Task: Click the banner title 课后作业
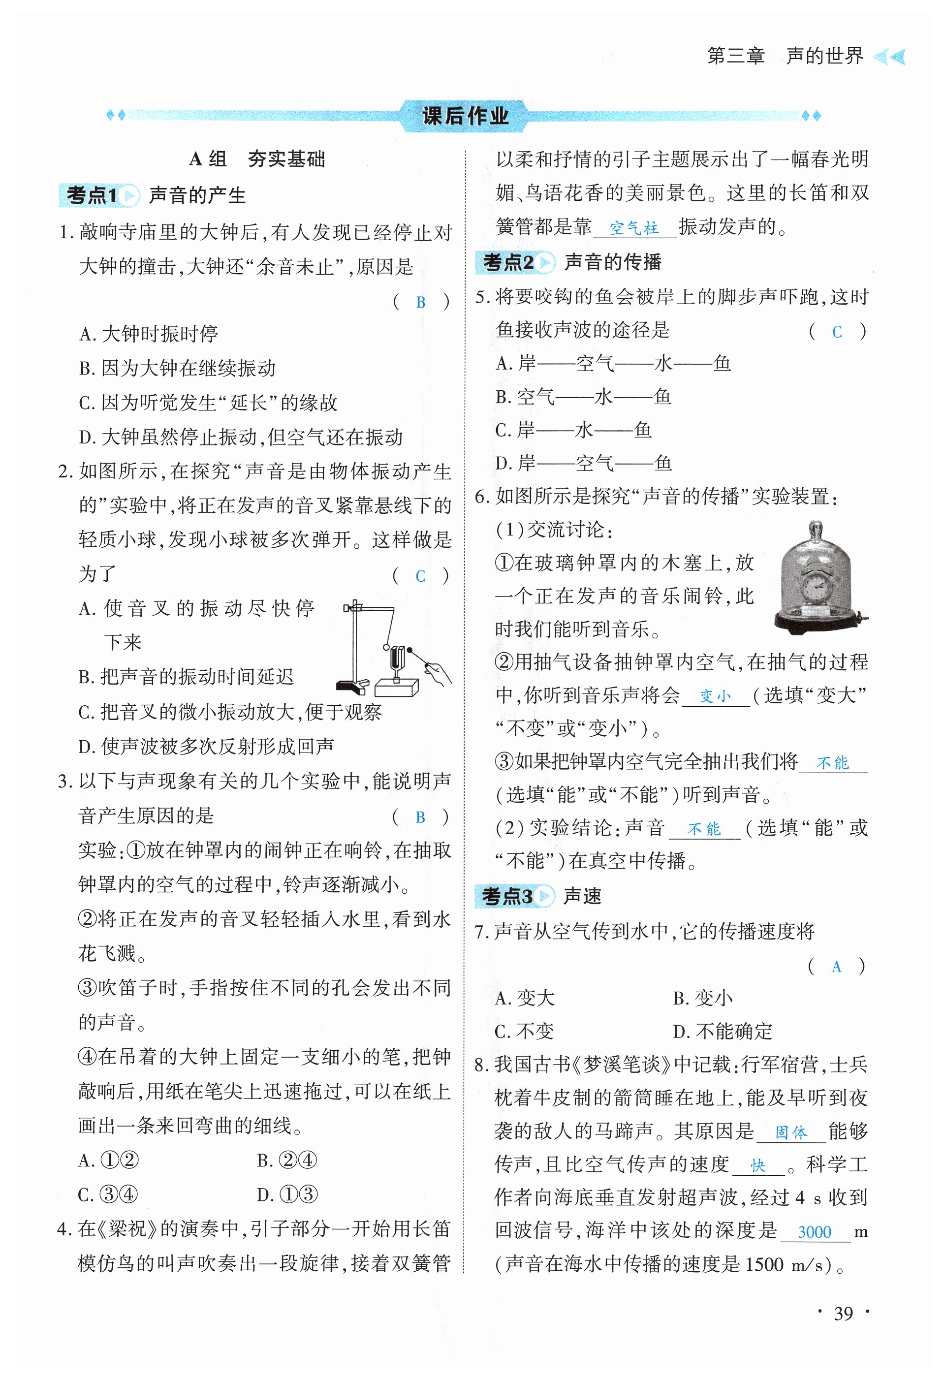(x=465, y=115)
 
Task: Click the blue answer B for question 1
(x=421, y=303)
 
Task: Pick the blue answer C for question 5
(x=837, y=332)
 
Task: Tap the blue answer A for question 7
(x=836, y=967)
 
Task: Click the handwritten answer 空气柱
(x=634, y=227)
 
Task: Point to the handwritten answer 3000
(x=814, y=1232)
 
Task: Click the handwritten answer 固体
(x=791, y=1132)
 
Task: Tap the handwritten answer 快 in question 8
(x=757, y=1166)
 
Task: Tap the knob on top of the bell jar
(x=815, y=528)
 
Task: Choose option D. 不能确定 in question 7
(x=723, y=1031)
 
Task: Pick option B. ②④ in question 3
(x=287, y=1160)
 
